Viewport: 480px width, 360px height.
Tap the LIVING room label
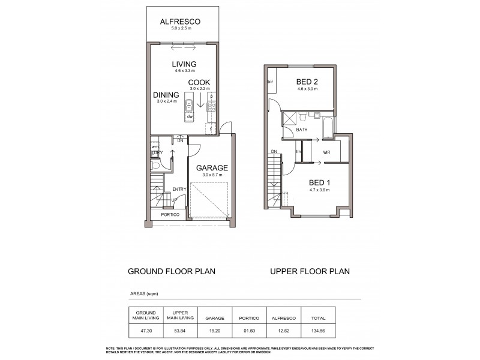[185, 64]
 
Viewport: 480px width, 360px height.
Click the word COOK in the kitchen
[199, 83]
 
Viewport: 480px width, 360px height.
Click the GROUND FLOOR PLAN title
[172, 271]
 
